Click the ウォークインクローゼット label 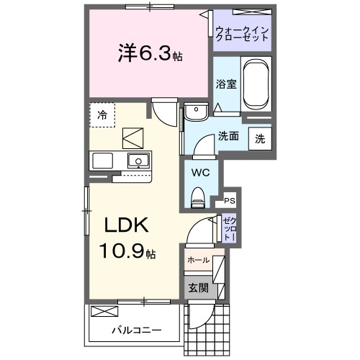click(242, 33)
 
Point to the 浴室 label click(225, 84)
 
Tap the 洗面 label click(229, 136)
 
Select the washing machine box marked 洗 click(259, 139)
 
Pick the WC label click(201, 173)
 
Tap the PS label click(230, 201)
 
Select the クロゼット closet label click(228, 229)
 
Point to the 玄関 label click(199, 287)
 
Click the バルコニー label click(136, 330)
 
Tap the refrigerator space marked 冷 click(102, 114)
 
